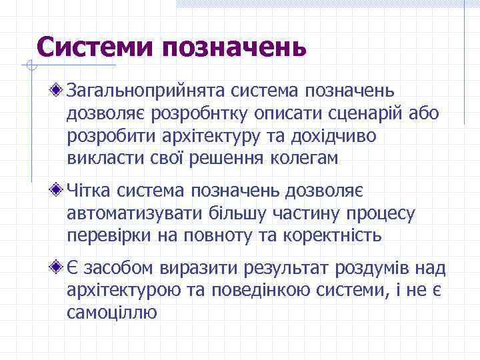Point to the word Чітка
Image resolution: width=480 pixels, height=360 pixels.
[x=89, y=191]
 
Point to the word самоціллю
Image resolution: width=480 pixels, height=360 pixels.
[x=113, y=313]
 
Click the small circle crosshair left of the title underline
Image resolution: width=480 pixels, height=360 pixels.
[x=27, y=65]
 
